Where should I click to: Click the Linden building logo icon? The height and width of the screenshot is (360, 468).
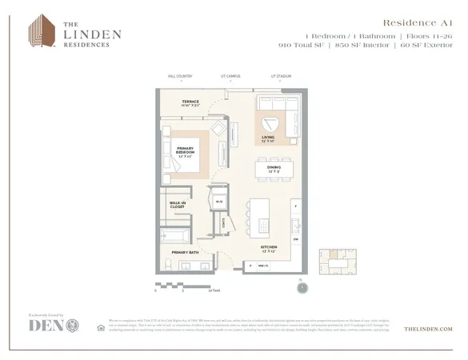(x=41, y=30)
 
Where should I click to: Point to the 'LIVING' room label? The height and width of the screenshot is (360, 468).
(x=269, y=138)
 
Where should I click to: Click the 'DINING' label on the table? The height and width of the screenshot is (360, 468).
(x=274, y=169)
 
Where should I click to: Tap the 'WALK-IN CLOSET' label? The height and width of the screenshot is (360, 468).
(x=178, y=205)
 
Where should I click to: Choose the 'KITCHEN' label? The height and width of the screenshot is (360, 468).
(x=269, y=250)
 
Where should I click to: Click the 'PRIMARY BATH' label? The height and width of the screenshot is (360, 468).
(x=184, y=252)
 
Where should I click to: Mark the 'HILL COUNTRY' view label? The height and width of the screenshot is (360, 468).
(x=181, y=76)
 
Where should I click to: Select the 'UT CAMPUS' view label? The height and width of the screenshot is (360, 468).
(x=230, y=76)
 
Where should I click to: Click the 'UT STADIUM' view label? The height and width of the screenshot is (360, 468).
(x=281, y=76)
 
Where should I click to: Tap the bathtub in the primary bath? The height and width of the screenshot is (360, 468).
(x=174, y=237)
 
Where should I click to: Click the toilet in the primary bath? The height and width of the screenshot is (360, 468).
(x=168, y=264)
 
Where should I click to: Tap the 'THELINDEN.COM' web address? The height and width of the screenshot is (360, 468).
(x=429, y=329)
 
